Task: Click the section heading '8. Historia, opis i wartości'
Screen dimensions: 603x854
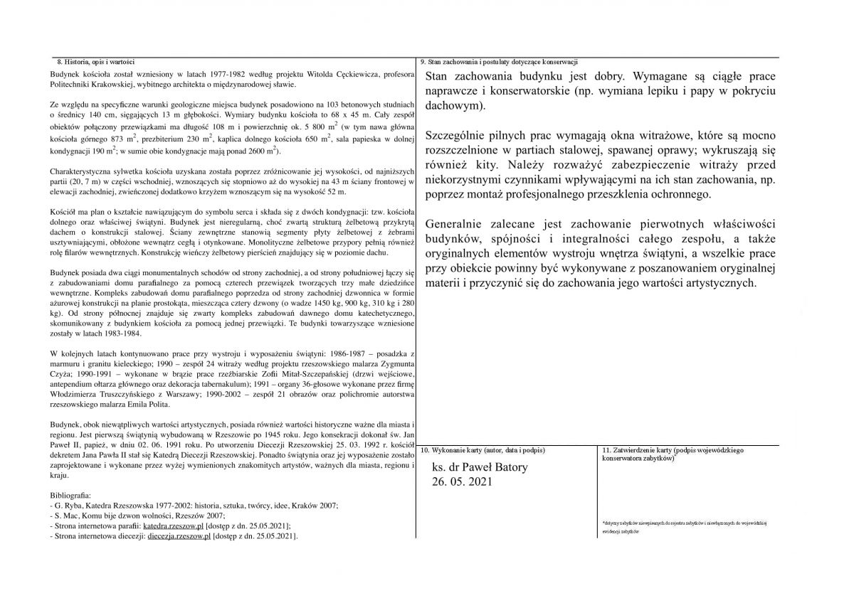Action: [x=95, y=62]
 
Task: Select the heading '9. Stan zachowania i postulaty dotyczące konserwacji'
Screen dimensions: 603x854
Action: [x=499, y=62]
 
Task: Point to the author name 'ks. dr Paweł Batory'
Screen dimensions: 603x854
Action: [x=481, y=468]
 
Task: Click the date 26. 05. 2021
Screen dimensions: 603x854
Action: [x=461, y=482]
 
